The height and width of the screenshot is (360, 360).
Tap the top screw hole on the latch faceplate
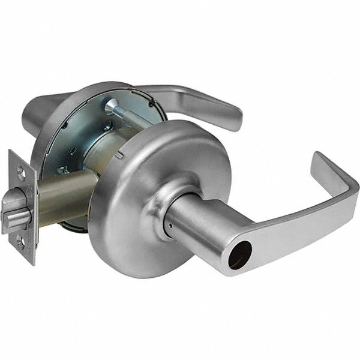(x=22, y=173)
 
